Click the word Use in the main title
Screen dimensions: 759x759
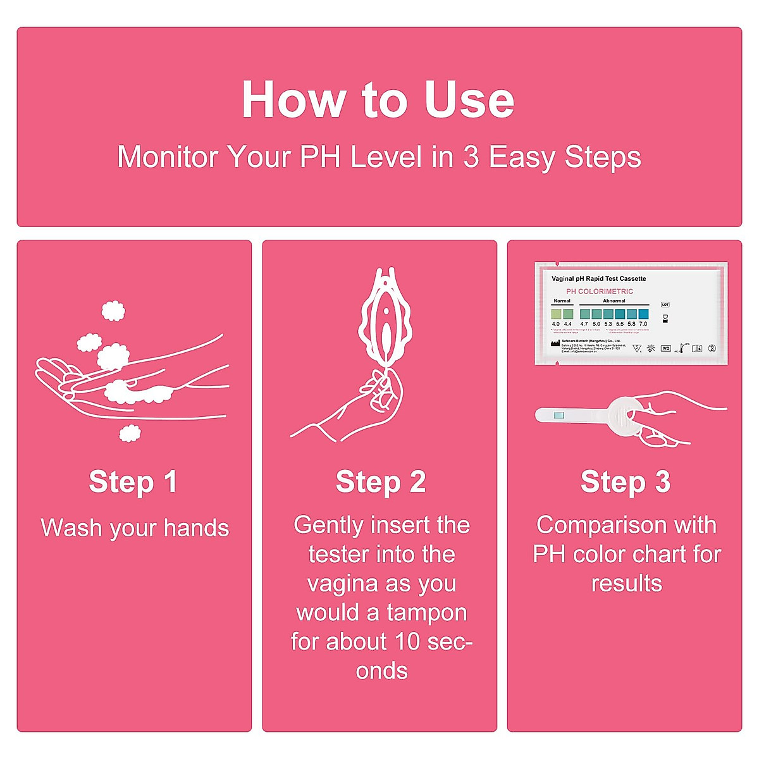coord(469,100)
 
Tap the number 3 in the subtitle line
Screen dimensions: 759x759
coord(471,157)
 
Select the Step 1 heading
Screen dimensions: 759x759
coord(133,482)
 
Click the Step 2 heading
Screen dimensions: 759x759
coord(380,482)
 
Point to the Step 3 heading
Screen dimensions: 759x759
coord(625,482)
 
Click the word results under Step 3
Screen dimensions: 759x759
coord(626,583)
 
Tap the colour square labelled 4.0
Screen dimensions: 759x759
coord(556,314)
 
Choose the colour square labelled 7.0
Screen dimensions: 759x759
coord(643,314)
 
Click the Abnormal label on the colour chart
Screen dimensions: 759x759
coord(614,301)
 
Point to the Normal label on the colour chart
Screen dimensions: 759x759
coord(562,301)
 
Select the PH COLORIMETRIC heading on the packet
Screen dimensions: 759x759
coord(599,292)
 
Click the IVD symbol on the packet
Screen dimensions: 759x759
coord(665,349)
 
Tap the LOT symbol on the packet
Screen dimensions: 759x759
coord(665,305)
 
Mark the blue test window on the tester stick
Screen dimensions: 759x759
coord(558,415)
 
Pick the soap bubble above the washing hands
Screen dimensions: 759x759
coord(113,311)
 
